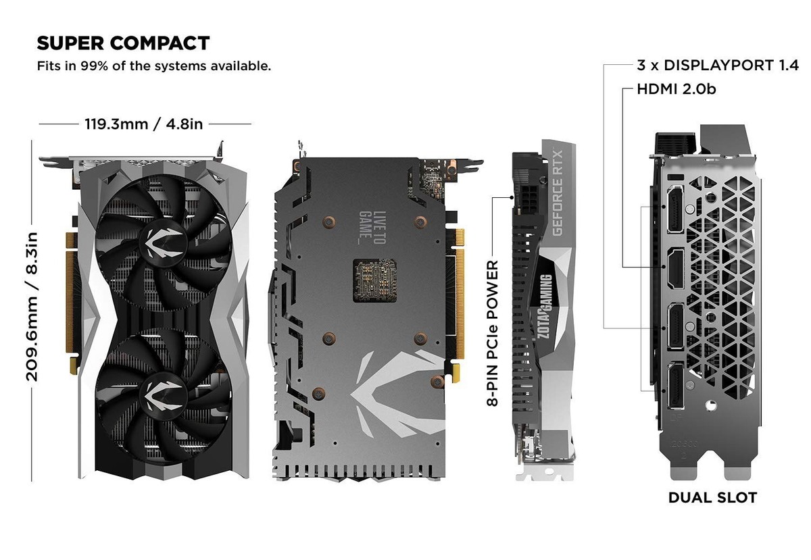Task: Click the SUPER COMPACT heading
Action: pyautogui.click(x=123, y=43)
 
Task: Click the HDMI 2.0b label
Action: pyautogui.click(x=676, y=89)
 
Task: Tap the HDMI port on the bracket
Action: pyautogui.click(x=676, y=267)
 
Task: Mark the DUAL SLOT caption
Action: pyautogui.click(x=712, y=498)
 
